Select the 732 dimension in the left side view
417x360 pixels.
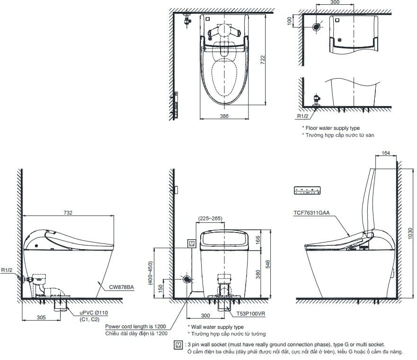[x=68, y=213]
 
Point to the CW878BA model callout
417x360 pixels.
[x=122, y=287]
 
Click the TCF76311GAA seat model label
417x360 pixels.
[x=312, y=214]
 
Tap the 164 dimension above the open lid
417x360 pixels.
[x=386, y=153]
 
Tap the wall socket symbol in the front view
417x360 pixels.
[x=192, y=243]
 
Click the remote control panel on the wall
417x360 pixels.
[x=308, y=190]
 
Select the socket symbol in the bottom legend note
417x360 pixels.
[x=178, y=345]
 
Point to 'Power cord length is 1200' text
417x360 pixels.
[x=136, y=326]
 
